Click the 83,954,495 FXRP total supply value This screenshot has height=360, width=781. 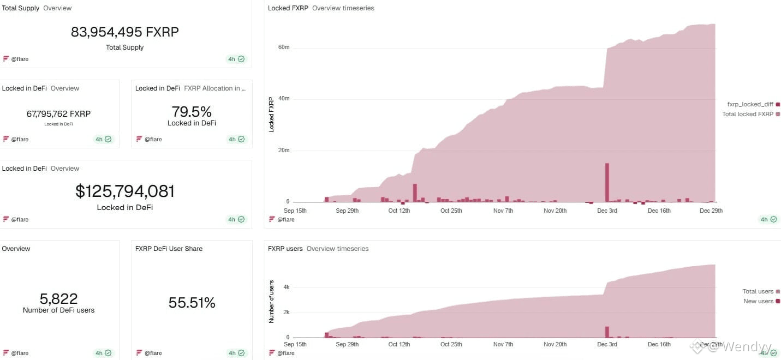click(124, 32)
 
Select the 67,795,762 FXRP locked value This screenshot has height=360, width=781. click(58, 114)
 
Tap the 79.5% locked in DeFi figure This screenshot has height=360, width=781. click(192, 112)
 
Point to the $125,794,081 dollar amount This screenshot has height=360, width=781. click(125, 191)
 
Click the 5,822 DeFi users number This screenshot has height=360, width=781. click(58, 299)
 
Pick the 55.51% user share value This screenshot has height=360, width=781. click(192, 303)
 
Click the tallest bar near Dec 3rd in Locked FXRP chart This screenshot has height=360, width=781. click(607, 183)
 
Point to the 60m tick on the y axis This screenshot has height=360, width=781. click(284, 47)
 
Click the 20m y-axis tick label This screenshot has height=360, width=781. click(284, 151)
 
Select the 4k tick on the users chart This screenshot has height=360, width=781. click(286, 286)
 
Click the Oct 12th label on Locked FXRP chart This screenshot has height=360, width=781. click(399, 211)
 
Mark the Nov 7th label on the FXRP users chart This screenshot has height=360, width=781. click(503, 344)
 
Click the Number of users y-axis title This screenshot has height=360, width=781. click(271, 301)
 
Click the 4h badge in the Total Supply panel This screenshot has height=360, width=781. click(236, 59)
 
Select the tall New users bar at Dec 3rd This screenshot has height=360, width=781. click(607, 332)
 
